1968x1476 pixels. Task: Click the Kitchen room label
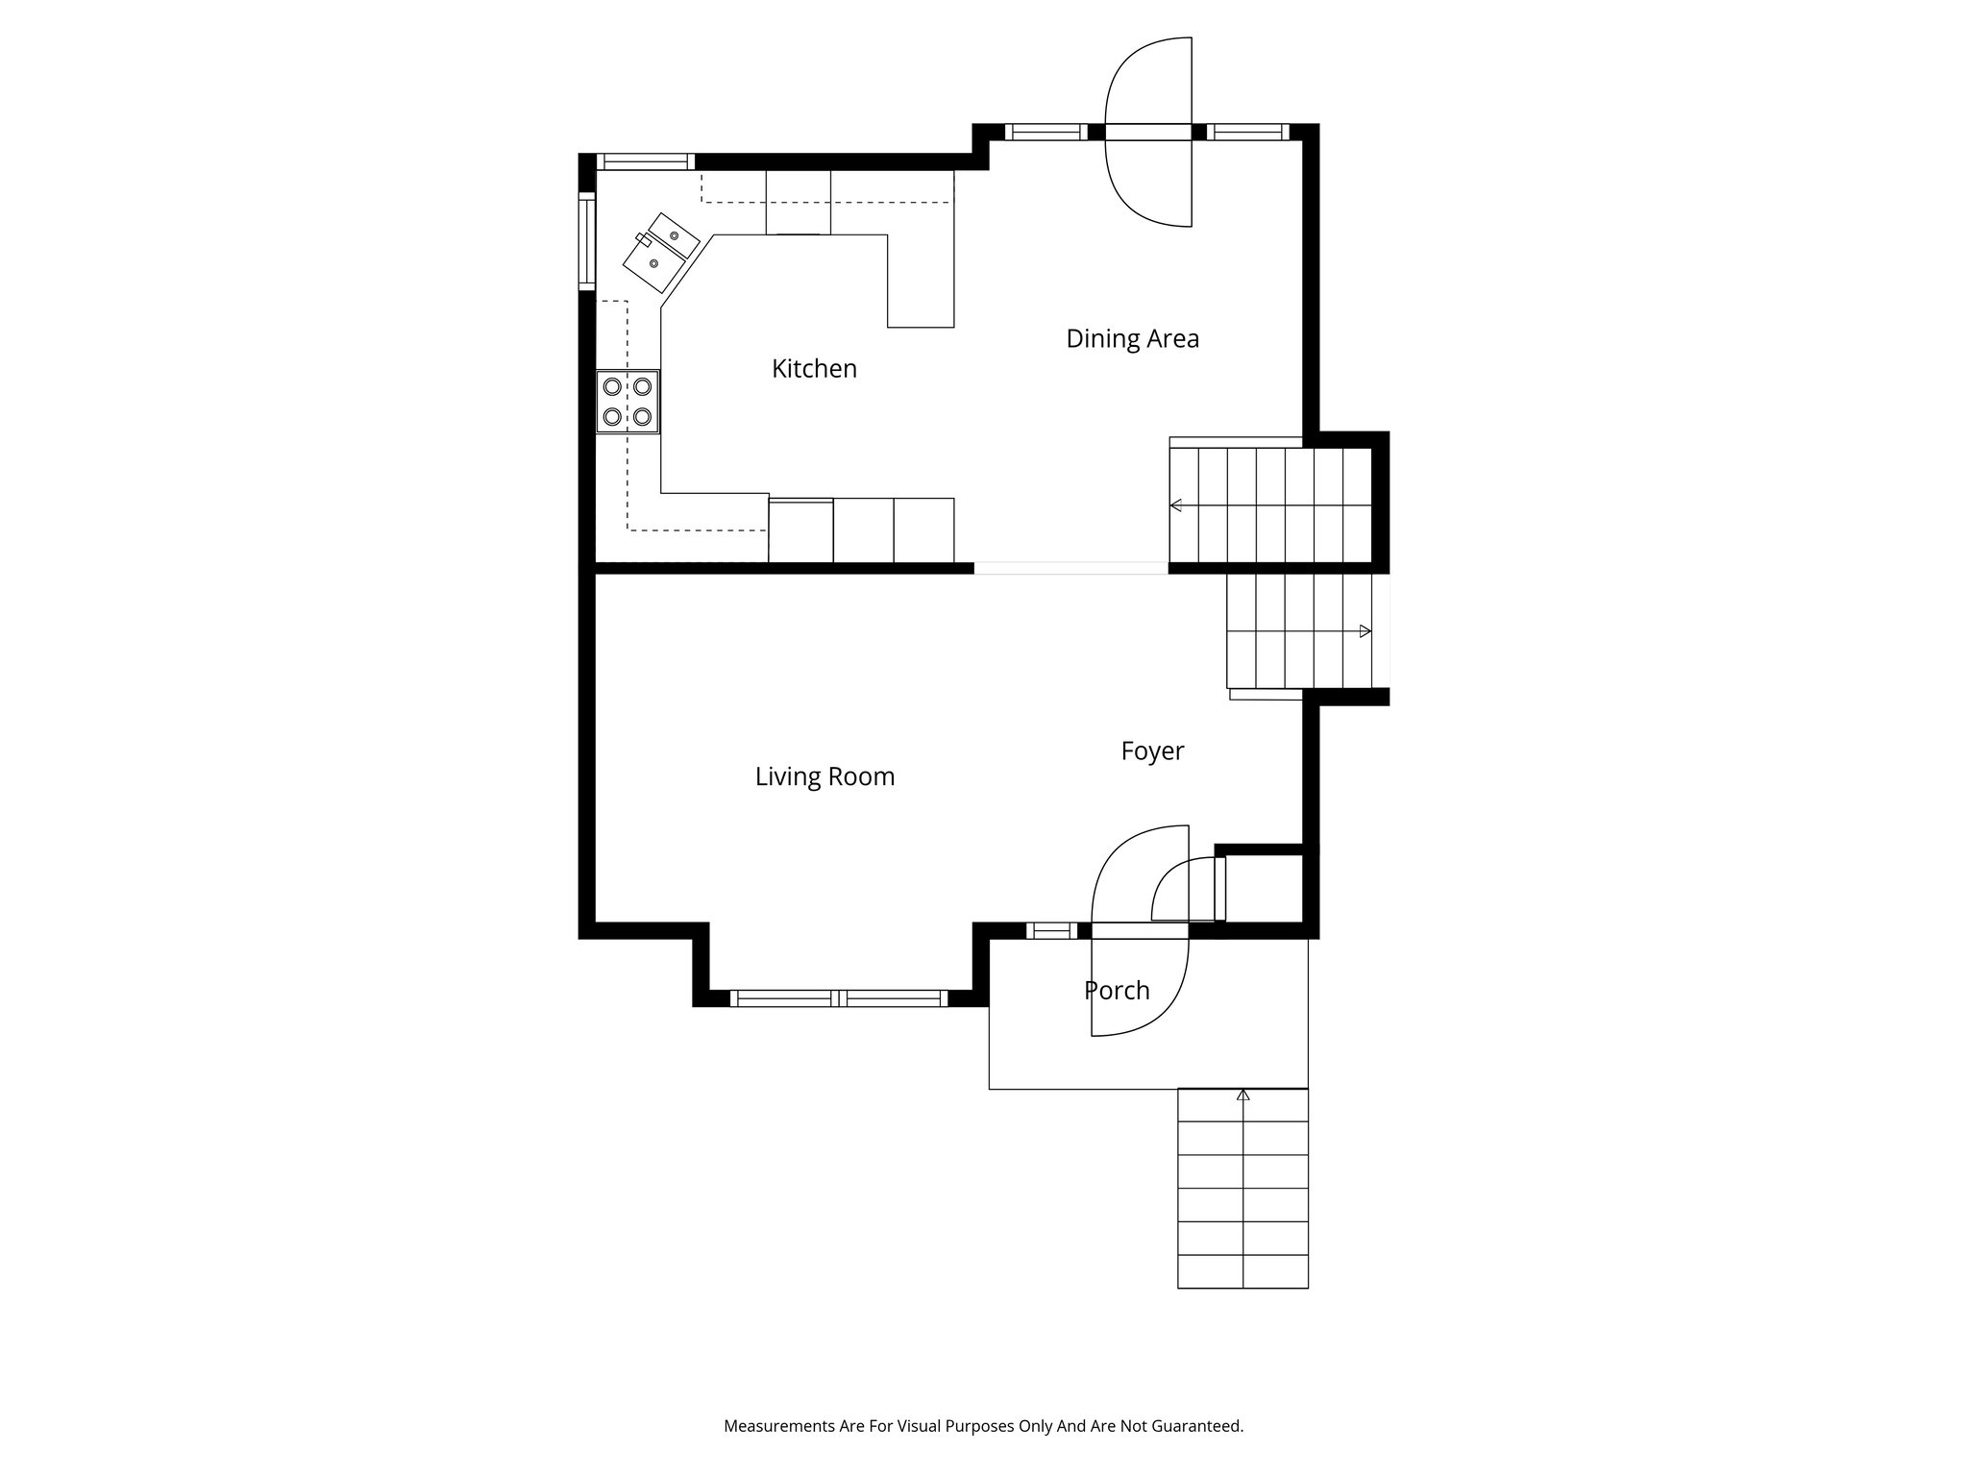[814, 369]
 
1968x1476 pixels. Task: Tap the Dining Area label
[1133, 339]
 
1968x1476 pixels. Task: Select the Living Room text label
[824, 776]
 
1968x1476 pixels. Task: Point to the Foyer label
[1152, 751]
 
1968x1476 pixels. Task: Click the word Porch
[1117, 991]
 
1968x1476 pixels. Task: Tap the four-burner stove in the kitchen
[627, 402]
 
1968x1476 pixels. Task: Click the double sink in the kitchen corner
[660, 252]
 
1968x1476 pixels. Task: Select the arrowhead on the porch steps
[1243, 1095]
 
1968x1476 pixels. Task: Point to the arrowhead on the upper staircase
[1175, 505]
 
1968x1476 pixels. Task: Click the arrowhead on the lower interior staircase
[1365, 631]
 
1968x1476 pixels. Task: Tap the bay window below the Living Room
[839, 998]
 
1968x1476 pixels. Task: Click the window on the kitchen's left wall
[586, 240]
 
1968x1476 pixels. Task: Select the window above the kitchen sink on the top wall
[645, 161]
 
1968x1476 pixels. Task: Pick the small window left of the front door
[1051, 930]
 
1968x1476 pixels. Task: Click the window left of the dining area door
[1046, 133]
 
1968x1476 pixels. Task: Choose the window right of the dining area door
[1247, 133]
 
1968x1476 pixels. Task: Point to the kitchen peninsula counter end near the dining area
[921, 281]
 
